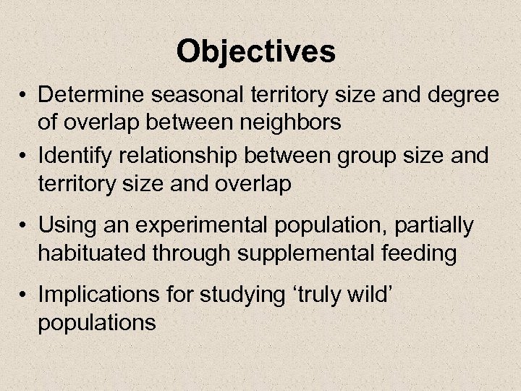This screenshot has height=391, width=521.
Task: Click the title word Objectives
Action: [x=256, y=51]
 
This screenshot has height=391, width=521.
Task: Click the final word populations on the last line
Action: [x=97, y=323]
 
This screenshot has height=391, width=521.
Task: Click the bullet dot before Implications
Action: [x=25, y=295]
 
